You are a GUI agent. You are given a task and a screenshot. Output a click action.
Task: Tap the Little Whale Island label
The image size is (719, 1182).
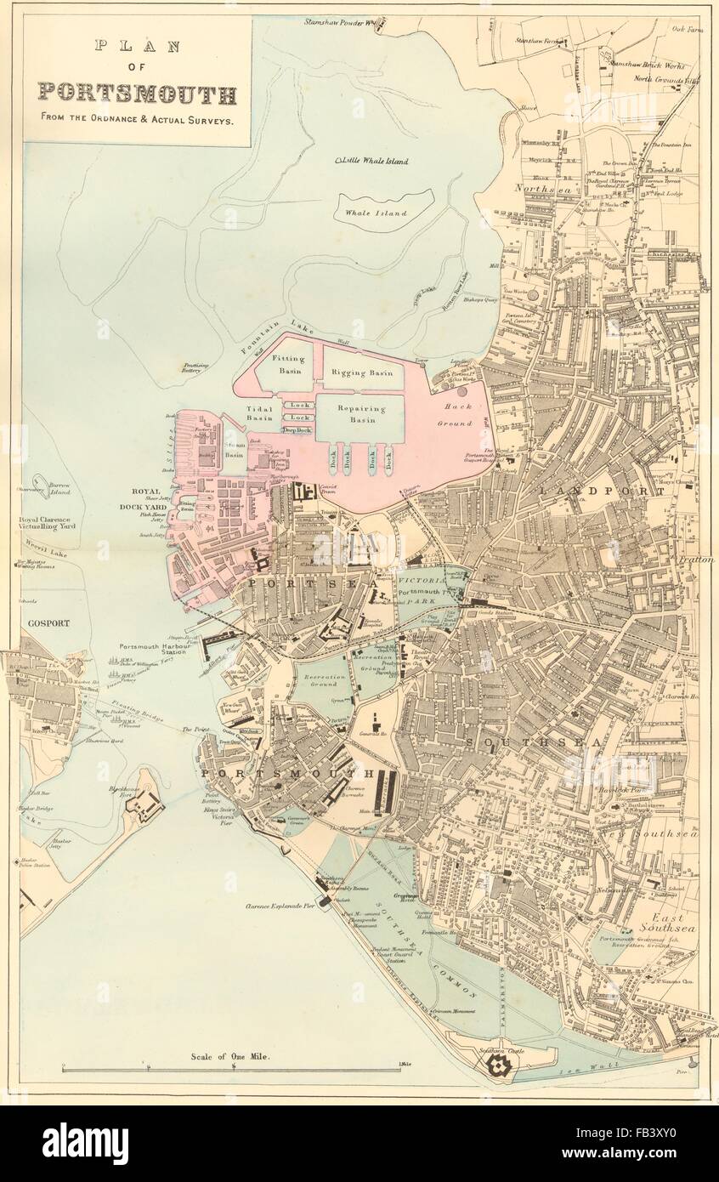coord(371,161)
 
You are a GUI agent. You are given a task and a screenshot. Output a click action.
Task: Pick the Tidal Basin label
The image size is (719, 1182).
coord(260,412)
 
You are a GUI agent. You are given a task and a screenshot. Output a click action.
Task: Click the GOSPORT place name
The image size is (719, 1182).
coord(46,622)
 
